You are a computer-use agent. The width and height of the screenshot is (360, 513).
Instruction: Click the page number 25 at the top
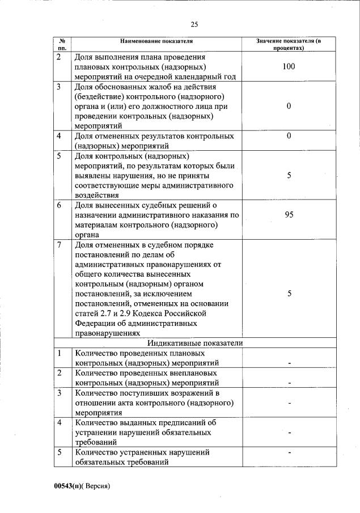click(194, 24)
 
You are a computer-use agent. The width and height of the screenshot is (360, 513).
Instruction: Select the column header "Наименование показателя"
click(156, 41)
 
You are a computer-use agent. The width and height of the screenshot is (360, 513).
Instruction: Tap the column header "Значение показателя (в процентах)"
click(289, 45)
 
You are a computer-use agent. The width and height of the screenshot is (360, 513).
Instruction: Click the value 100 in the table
click(289, 67)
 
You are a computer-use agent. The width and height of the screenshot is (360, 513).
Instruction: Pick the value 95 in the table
click(289, 215)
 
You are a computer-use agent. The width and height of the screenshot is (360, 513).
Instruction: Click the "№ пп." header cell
click(62, 45)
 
